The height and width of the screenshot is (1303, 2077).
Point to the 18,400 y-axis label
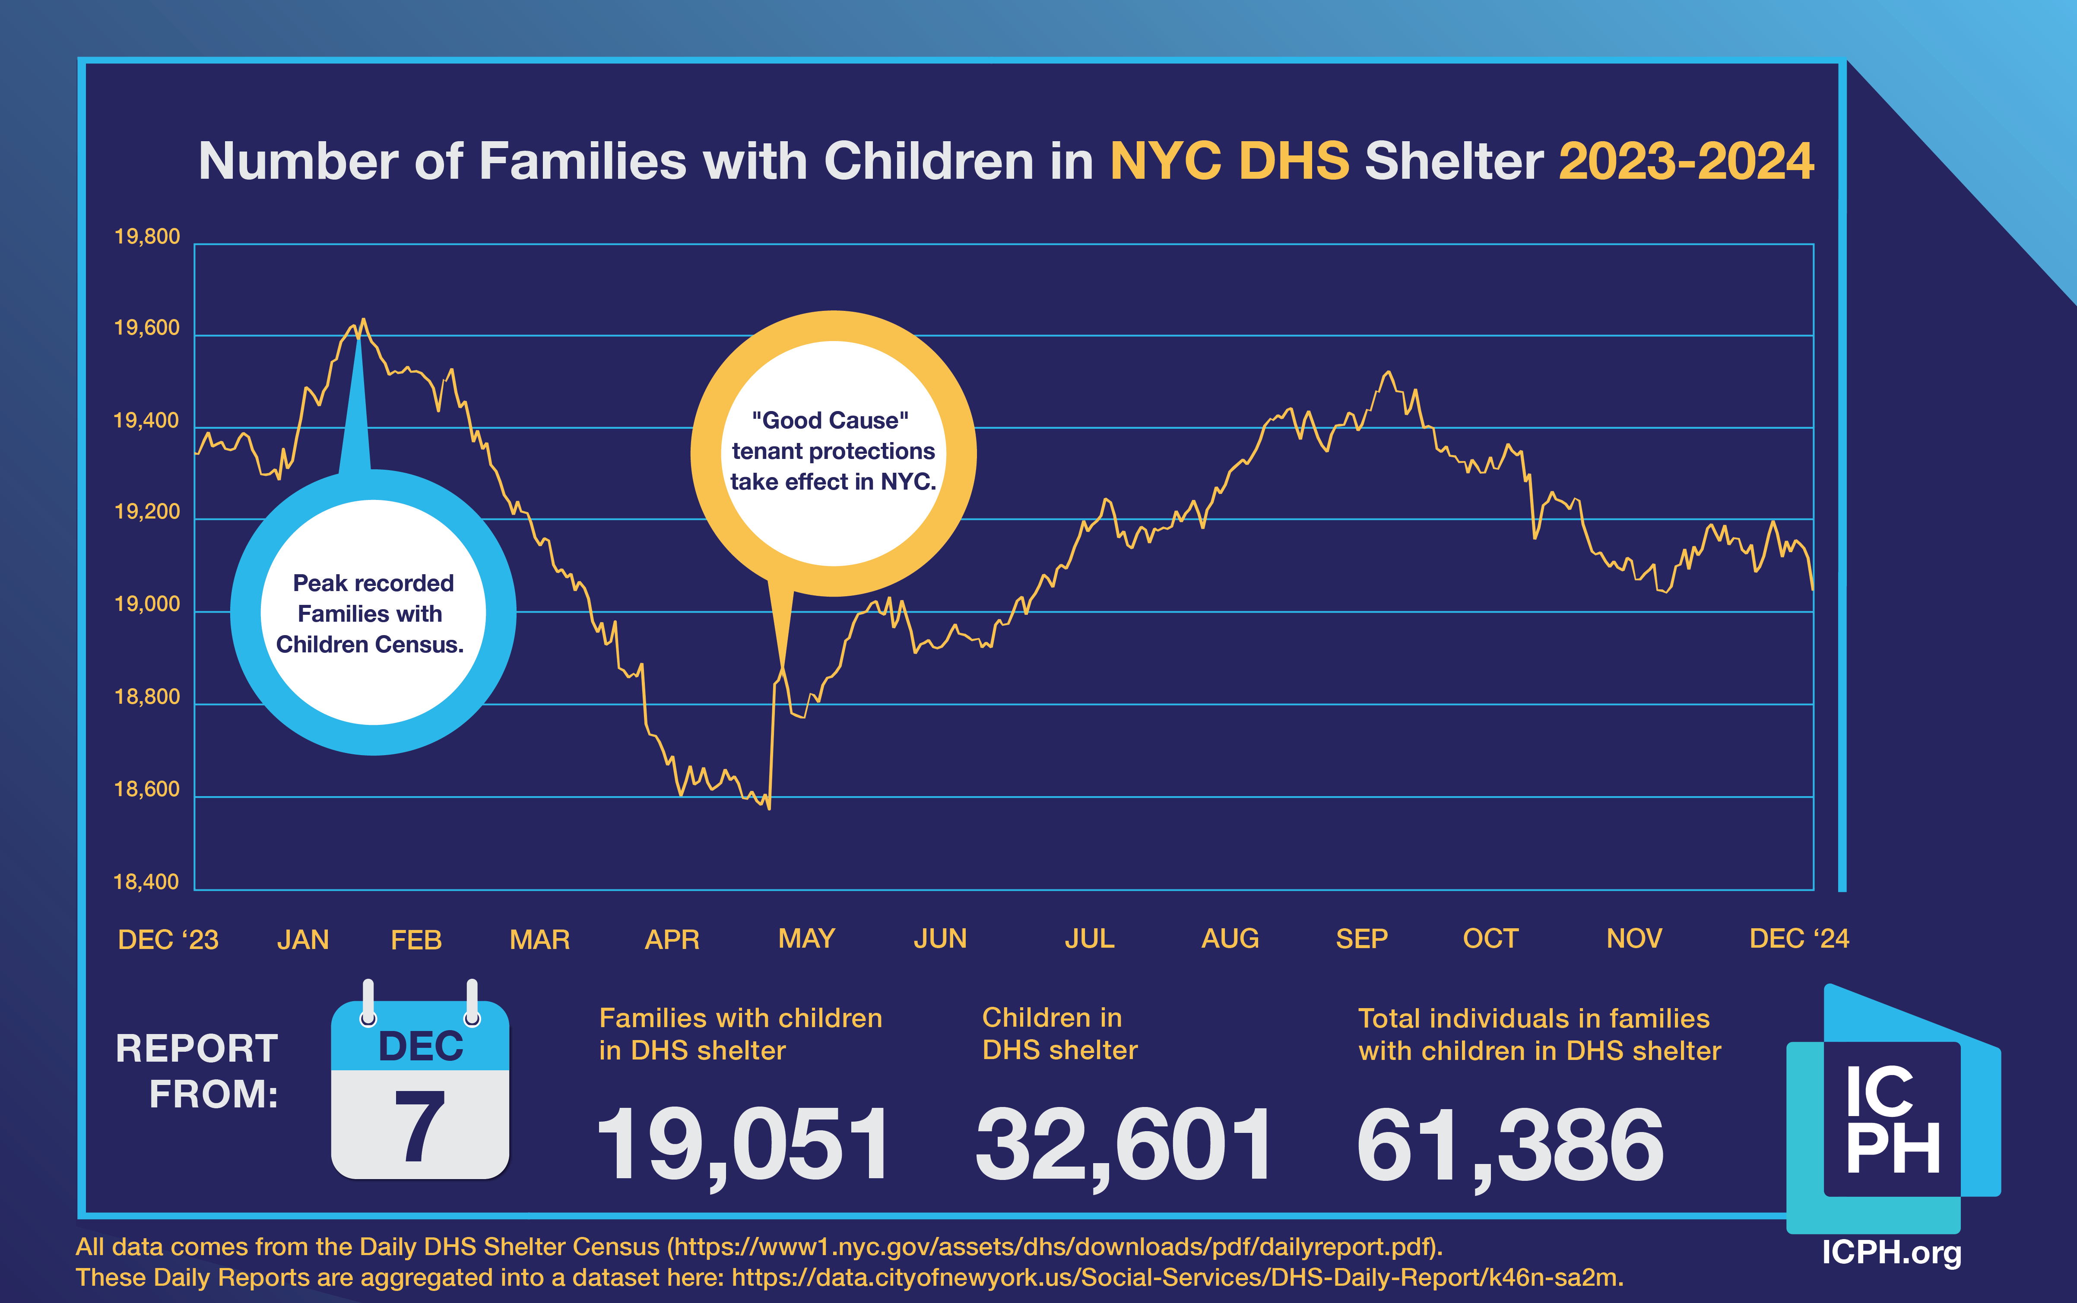tap(146, 882)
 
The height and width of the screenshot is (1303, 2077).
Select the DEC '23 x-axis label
tap(168, 939)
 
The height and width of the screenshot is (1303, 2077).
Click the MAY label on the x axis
tap(807, 939)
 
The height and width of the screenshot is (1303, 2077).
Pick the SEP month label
tap(1362, 939)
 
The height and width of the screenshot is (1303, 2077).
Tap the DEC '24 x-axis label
tap(1798, 939)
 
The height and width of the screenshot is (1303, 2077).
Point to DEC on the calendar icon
tap(421, 1046)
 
